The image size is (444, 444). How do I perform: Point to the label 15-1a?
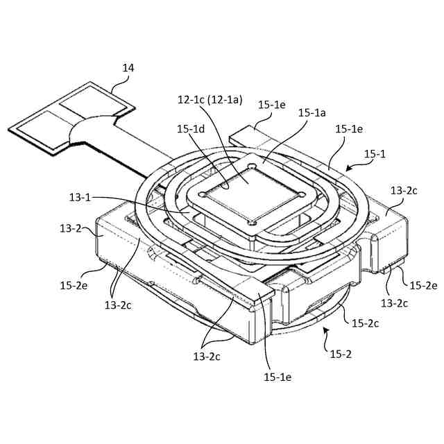[x=313, y=112]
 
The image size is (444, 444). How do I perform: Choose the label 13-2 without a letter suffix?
[x=71, y=228]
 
